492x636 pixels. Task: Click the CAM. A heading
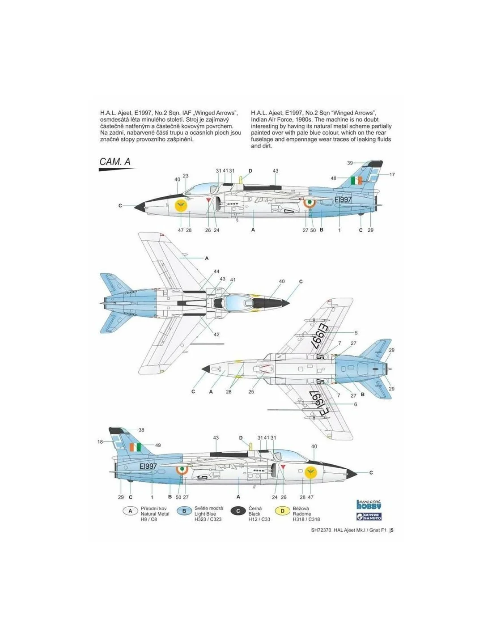pyautogui.click(x=115, y=161)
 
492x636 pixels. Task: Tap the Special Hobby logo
pyautogui.click(x=369, y=505)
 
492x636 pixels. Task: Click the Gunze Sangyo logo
pyautogui.click(x=369, y=517)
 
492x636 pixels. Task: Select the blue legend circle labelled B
pyautogui.click(x=184, y=511)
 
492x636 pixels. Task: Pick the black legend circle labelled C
pyautogui.click(x=238, y=511)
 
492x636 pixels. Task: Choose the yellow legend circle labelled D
pyautogui.click(x=282, y=511)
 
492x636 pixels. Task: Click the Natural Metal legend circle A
pyautogui.click(x=130, y=511)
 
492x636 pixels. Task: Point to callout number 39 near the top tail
pyautogui.click(x=350, y=163)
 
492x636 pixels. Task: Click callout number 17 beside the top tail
pyautogui.click(x=392, y=174)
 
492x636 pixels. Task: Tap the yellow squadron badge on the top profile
pyautogui.click(x=181, y=205)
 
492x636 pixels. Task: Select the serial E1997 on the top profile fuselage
pyautogui.click(x=343, y=199)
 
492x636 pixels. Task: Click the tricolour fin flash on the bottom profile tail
pyautogui.click(x=135, y=447)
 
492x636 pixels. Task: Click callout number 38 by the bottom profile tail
pyautogui.click(x=141, y=430)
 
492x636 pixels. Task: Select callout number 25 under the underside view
pyautogui.click(x=251, y=392)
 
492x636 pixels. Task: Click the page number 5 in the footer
pyautogui.click(x=392, y=530)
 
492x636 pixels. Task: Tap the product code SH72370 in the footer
pyautogui.click(x=321, y=530)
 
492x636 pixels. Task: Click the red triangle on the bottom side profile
pyautogui.click(x=283, y=466)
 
